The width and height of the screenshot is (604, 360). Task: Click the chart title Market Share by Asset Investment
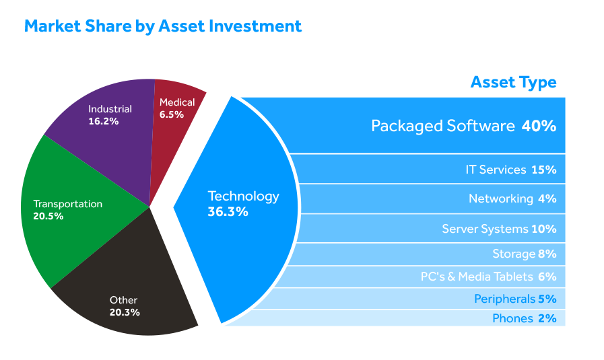pos(162,26)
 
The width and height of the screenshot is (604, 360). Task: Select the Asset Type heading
pos(514,83)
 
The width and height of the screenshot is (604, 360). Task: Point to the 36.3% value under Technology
pos(228,212)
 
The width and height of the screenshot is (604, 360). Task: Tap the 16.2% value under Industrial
pos(103,121)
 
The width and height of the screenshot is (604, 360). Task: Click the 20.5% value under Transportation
pos(48,216)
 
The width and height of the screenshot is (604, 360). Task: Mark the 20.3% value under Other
pos(125,312)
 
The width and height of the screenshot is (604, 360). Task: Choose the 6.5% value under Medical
pos(172,114)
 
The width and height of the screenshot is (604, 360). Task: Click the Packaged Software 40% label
pos(464,127)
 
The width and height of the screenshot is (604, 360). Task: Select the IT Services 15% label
pos(511,170)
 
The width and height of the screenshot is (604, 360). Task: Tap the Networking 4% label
pos(512,199)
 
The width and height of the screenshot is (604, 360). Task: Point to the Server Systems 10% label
pos(499,229)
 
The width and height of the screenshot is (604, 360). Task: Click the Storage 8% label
pos(525,254)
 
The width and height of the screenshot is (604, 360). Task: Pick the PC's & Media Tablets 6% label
pos(488,277)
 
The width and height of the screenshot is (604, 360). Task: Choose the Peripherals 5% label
pos(515,299)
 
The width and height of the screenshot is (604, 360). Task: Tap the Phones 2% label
pos(525,319)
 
